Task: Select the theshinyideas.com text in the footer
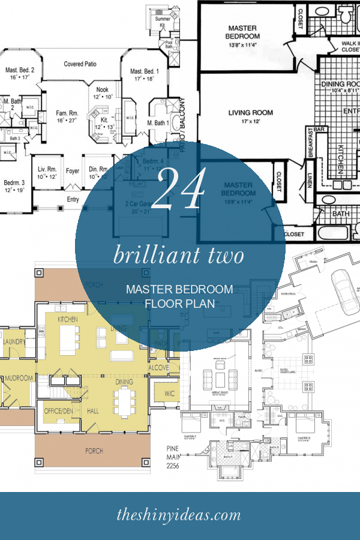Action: click(180, 514)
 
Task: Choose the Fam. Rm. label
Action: click(67, 113)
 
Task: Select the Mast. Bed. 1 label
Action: click(143, 71)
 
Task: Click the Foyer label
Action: click(73, 170)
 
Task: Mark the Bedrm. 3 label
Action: click(13, 182)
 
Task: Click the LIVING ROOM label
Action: click(250, 112)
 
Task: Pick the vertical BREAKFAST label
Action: click(311, 143)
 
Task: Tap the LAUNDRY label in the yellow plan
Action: click(13, 341)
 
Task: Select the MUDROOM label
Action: click(18, 379)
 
